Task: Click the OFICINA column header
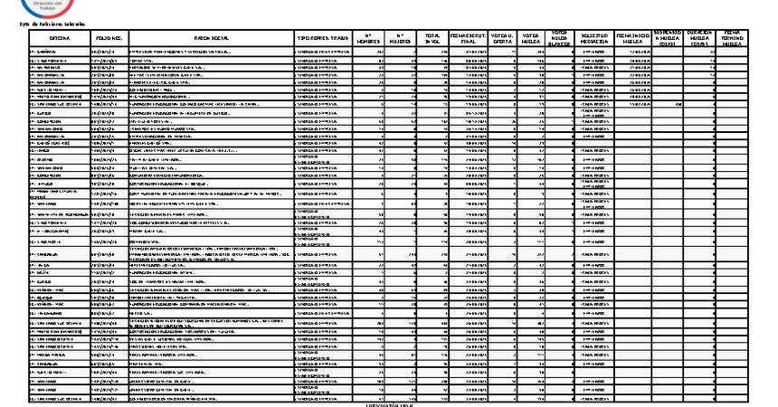[60, 38]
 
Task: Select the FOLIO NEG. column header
[109, 38]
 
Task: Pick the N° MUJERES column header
[401, 38]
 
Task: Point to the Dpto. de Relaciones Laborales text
[43, 24]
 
